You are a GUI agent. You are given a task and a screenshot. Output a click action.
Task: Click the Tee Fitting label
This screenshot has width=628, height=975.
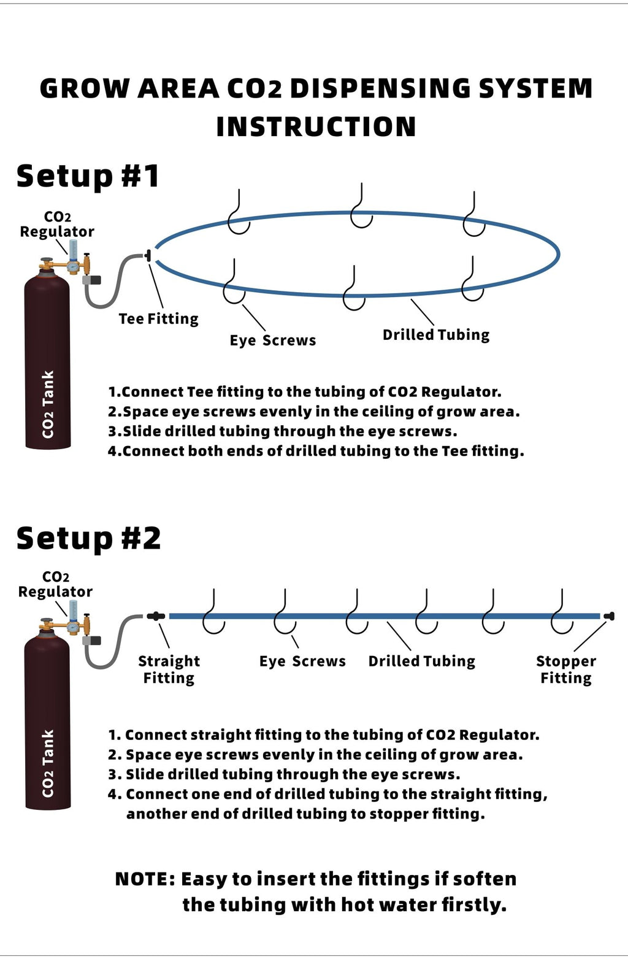point(158,319)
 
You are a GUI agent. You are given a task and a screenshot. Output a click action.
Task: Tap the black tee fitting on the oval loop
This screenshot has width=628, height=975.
point(148,255)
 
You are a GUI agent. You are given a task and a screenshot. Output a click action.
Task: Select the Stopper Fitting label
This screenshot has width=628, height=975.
point(565,669)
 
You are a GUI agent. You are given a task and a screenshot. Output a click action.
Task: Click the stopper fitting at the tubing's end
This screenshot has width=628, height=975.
point(608,616)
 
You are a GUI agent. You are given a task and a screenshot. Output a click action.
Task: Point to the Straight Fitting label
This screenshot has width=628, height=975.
point(169,669)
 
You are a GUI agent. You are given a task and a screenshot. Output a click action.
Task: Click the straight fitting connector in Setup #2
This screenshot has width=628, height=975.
point(156,616)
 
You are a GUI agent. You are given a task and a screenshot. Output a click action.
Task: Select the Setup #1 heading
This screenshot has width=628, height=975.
point(88,176)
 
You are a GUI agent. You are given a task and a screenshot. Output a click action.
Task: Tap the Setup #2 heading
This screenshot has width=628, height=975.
point(88,538)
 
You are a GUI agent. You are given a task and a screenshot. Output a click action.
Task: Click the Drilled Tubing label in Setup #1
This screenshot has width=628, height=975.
point(435,335)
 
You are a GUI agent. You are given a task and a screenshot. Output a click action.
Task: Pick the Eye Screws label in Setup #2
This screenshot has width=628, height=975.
point(302,661)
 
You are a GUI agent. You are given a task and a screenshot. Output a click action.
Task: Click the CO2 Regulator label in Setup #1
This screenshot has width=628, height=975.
point(57,225)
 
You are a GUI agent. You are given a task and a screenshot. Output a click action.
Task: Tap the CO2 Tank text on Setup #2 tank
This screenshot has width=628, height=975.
point(48,763)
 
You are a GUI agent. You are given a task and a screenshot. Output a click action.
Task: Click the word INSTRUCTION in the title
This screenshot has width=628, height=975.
point(316,127)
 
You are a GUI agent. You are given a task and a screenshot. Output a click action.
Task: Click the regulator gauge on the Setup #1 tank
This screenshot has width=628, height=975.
point(72,266)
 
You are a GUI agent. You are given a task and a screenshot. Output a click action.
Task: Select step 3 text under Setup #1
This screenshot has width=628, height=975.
point(283,431)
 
